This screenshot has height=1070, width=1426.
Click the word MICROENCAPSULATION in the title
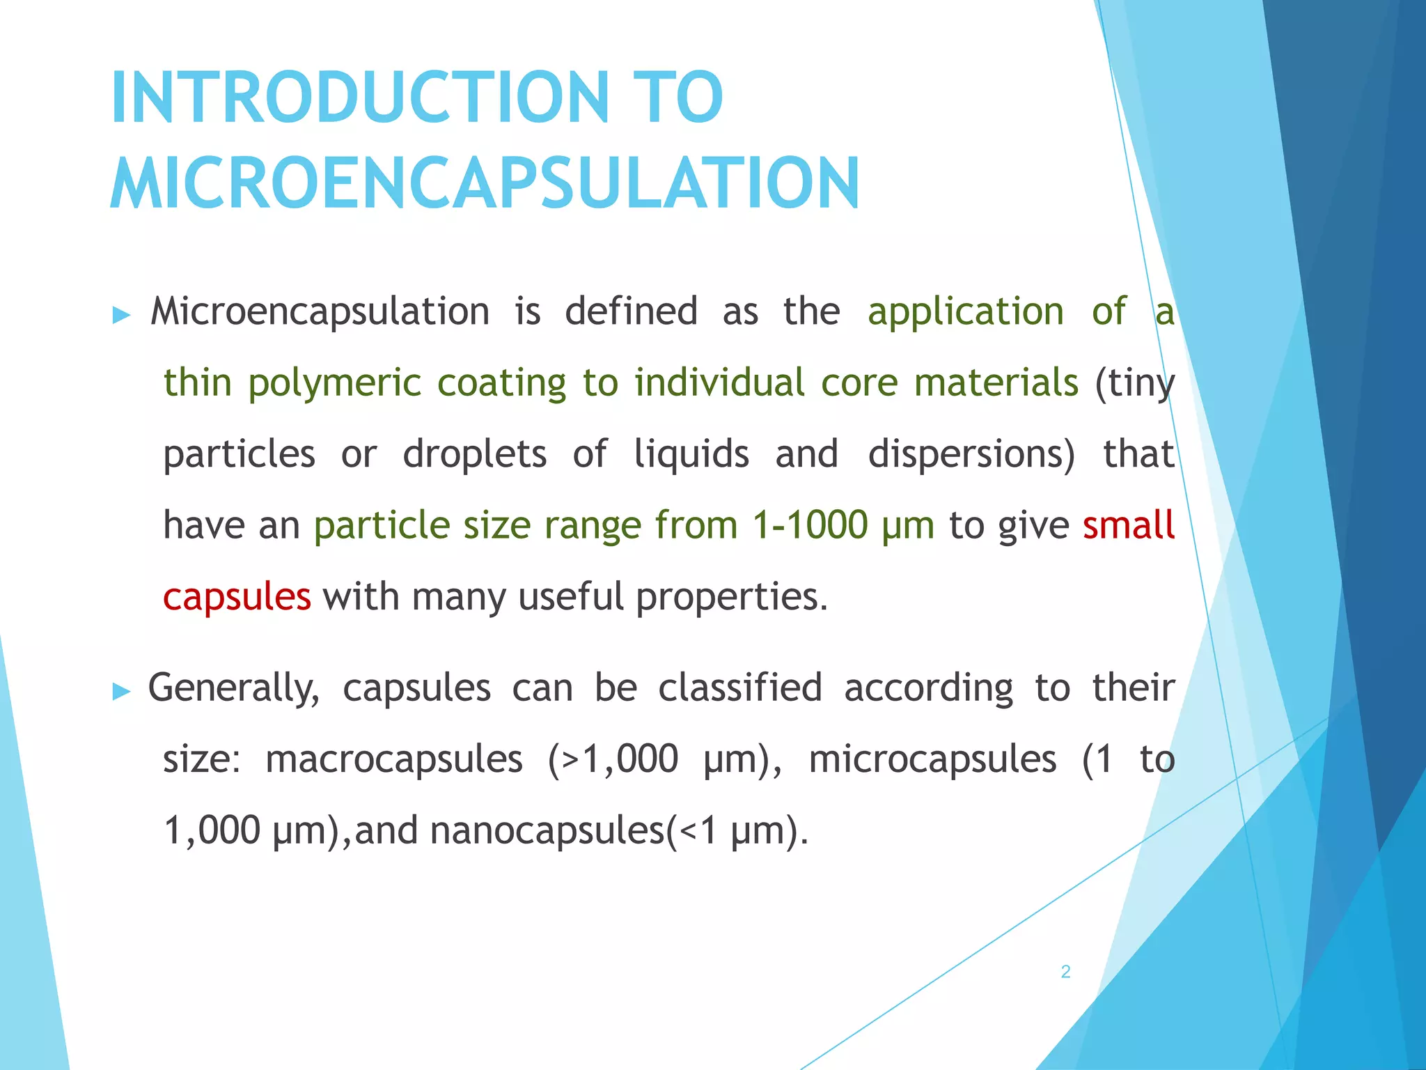(x=485, y=183)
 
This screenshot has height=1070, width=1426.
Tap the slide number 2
(x=1065, y=972)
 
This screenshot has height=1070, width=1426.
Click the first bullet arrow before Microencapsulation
(x=121, y=316)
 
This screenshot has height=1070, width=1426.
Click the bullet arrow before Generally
(x=121, y=692)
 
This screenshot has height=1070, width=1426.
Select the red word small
(x=1128, y=525)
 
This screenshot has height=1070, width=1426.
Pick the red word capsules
(x=237, y=597)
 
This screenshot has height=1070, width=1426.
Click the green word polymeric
(x=334, y=383)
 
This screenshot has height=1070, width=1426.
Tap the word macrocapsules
(x=394, y=759)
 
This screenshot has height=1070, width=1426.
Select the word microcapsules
(x=932, y=759)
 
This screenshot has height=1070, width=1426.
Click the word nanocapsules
(x=547, y=830)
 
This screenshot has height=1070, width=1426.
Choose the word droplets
(x=475, y=454)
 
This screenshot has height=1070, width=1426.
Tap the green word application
(x=966, y=311)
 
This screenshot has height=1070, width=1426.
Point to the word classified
(x=740, y=688)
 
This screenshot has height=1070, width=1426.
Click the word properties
(x=732, y=597)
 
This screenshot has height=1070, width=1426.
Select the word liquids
(x=691, y=454)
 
